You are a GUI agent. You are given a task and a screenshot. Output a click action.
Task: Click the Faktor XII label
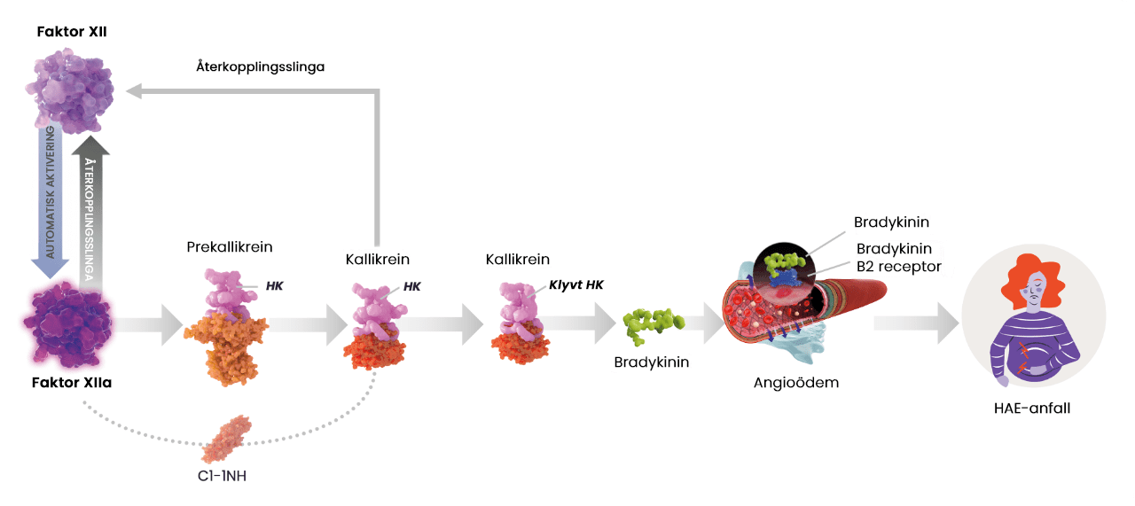tap(72, 32)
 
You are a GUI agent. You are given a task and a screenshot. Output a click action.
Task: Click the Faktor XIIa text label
tap(72, 384)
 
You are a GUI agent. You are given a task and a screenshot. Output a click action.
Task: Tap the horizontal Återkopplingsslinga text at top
tap(260, 66)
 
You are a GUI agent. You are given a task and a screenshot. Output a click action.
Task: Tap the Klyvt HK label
tap(576, 286)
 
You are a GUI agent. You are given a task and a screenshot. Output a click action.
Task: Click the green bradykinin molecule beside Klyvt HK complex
tap(654, 327)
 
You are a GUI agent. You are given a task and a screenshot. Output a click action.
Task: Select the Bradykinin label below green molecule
tap(652, 362)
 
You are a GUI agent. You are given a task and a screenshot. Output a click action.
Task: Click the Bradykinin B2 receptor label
tap(897, 257)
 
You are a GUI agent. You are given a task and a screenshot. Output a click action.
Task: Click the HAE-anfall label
tap(1032, 409)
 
